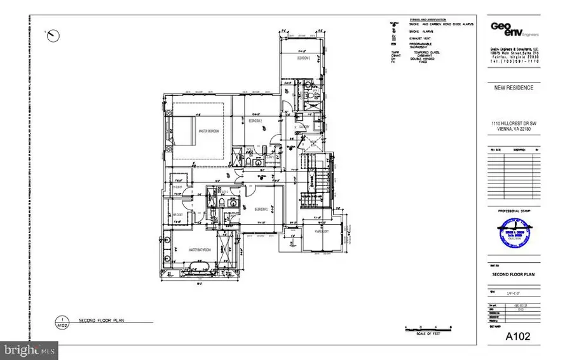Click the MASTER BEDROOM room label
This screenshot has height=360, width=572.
click(x=208, y=131)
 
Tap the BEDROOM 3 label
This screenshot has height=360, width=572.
click(x=304, y=58)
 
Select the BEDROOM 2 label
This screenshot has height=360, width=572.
click(x=255, y=120)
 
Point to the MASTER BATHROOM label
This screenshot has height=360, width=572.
click(x=199, y=250)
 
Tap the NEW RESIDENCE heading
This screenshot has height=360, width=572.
click(x=510, y=88)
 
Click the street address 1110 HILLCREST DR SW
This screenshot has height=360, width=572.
click(x=510, y=125)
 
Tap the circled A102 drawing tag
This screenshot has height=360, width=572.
click(x=62, y=322)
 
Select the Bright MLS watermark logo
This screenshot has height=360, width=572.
click(x=29, y=350)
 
